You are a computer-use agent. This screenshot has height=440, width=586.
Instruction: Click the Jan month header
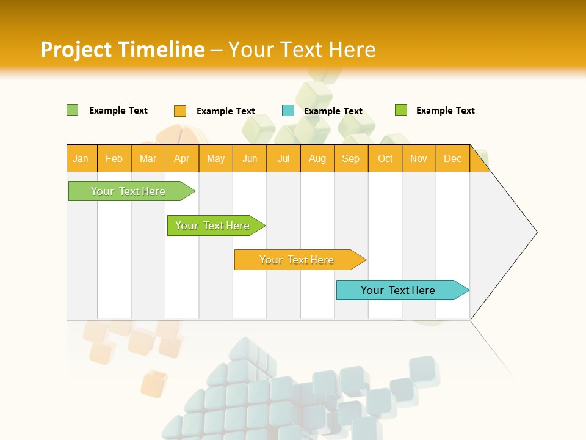[x=81, y=158]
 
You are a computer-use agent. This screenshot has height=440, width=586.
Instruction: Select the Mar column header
[x=148, y=158]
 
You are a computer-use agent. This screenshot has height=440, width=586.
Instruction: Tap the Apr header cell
[x=182, y=158]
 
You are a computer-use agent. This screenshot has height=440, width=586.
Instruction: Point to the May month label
[x=215, y=158]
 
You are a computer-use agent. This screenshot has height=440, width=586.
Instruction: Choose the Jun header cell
[x=250, y=158]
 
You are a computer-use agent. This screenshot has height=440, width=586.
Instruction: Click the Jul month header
[x=284, y=158]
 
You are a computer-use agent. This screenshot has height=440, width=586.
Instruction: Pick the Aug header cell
[x=317, y=158]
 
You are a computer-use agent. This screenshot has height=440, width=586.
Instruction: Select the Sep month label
[x=351, y=158]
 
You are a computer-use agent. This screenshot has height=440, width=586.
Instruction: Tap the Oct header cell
[x=385, y=158]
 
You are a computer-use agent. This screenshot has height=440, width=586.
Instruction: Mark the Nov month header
[x=419, y=158]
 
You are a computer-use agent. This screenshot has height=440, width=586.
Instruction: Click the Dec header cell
[x=453, y=158]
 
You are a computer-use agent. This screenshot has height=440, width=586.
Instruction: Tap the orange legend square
[x=180, y=111]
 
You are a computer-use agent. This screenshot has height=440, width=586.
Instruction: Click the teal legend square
[x=288, y=111]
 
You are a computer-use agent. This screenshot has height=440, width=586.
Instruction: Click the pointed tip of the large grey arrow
[x=535, y=232]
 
